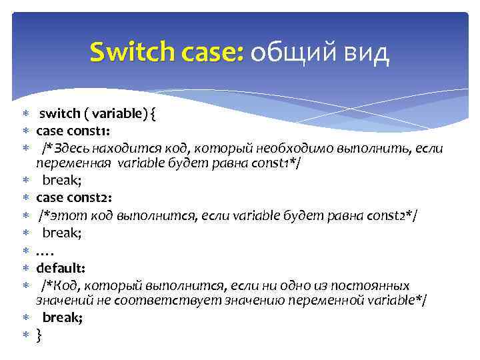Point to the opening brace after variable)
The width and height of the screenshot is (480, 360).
(154, 114)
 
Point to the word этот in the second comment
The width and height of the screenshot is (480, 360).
(64, 215)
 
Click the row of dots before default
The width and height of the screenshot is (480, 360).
(45, 251)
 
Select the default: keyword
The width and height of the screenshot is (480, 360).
(61, 268)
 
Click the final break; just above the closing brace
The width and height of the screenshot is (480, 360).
(63, 318)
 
